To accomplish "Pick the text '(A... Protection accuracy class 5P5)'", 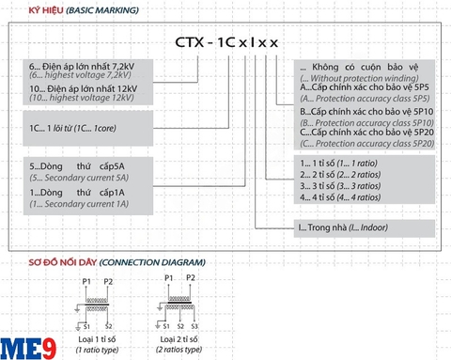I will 365,99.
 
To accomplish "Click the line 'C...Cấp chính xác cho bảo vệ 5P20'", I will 365,133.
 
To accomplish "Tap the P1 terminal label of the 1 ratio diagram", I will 87,281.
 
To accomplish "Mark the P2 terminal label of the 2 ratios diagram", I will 191,279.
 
